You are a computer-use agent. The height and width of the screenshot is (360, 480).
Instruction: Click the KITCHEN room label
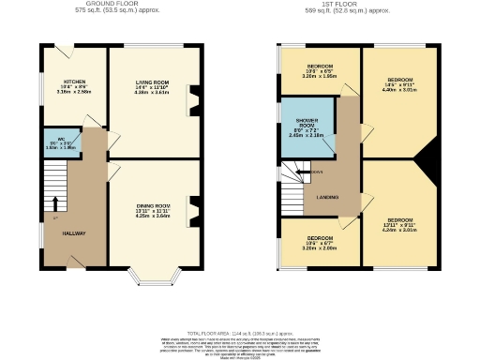[61, 82]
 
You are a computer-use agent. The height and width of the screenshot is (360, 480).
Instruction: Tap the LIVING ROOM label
[152, 82]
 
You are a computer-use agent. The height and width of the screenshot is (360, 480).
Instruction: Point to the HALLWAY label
[74, 232]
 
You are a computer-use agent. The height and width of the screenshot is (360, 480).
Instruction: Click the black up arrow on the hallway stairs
[54, 203]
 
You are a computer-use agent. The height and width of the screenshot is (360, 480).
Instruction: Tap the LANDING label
[326, 196]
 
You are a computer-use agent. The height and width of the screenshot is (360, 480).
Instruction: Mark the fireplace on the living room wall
[193, 98]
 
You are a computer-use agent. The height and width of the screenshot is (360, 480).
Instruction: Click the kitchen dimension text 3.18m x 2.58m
[61, 92]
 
